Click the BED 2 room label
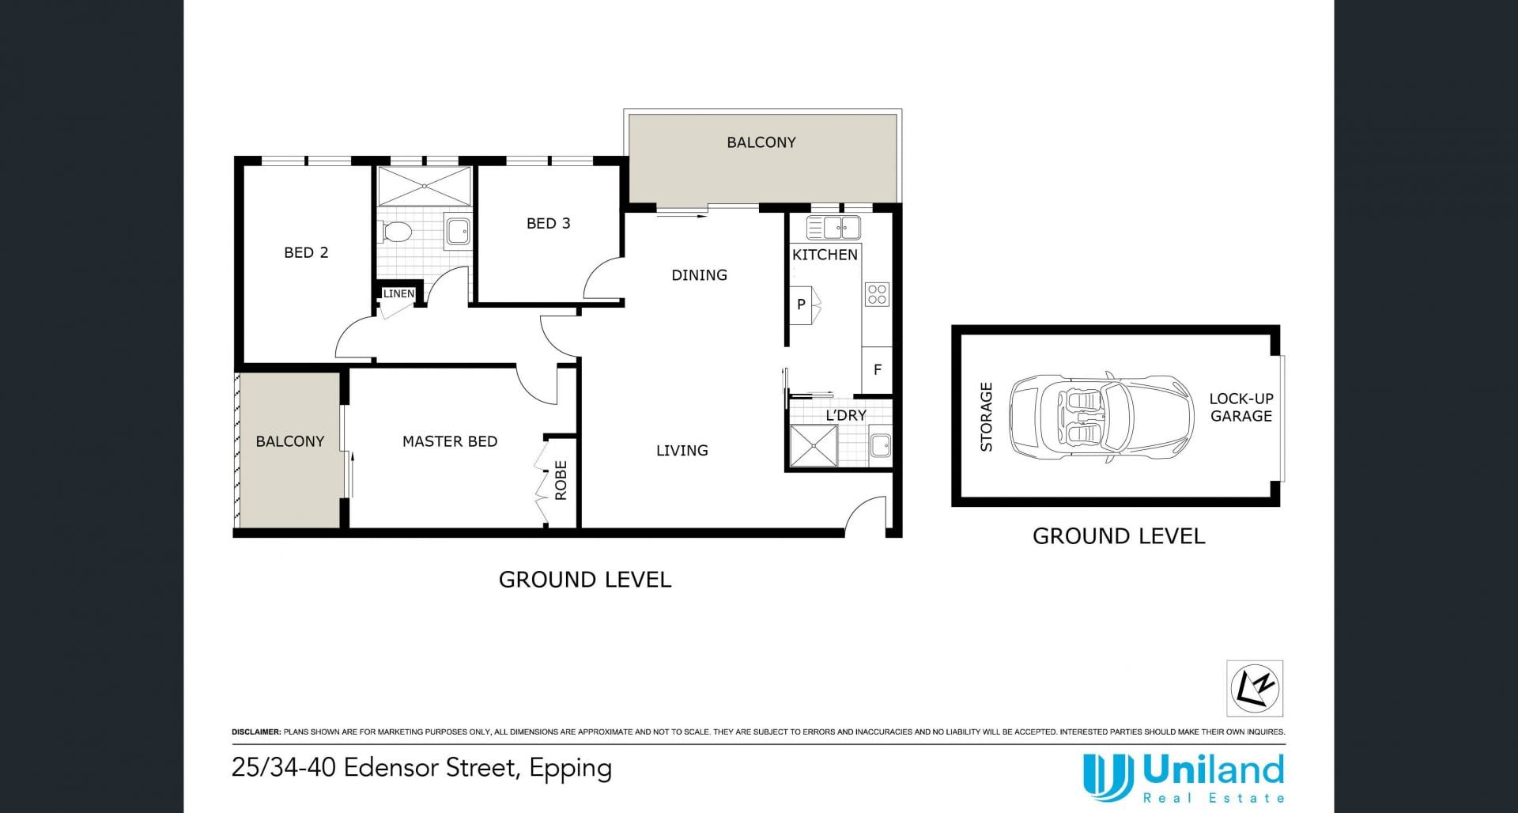pos(306,252)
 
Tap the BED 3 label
pos(548,223)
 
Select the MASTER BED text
pos(450,441)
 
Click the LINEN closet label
pos(398,293)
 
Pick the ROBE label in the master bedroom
pos(561,480)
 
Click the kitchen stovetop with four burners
pos(878,294)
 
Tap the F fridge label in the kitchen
pos(878,369)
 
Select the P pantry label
pos(801,304)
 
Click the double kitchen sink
pos(833,228)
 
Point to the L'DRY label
pos(846,415)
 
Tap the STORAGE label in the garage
pos(986,417)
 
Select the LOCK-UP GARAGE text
pos(1241,407)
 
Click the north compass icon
pos(1255,688)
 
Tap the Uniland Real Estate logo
pos(1184,778)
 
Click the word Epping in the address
pos(571,769)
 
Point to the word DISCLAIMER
pos(256,732)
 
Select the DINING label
pos(699,275)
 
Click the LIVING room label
pos(682,451)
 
